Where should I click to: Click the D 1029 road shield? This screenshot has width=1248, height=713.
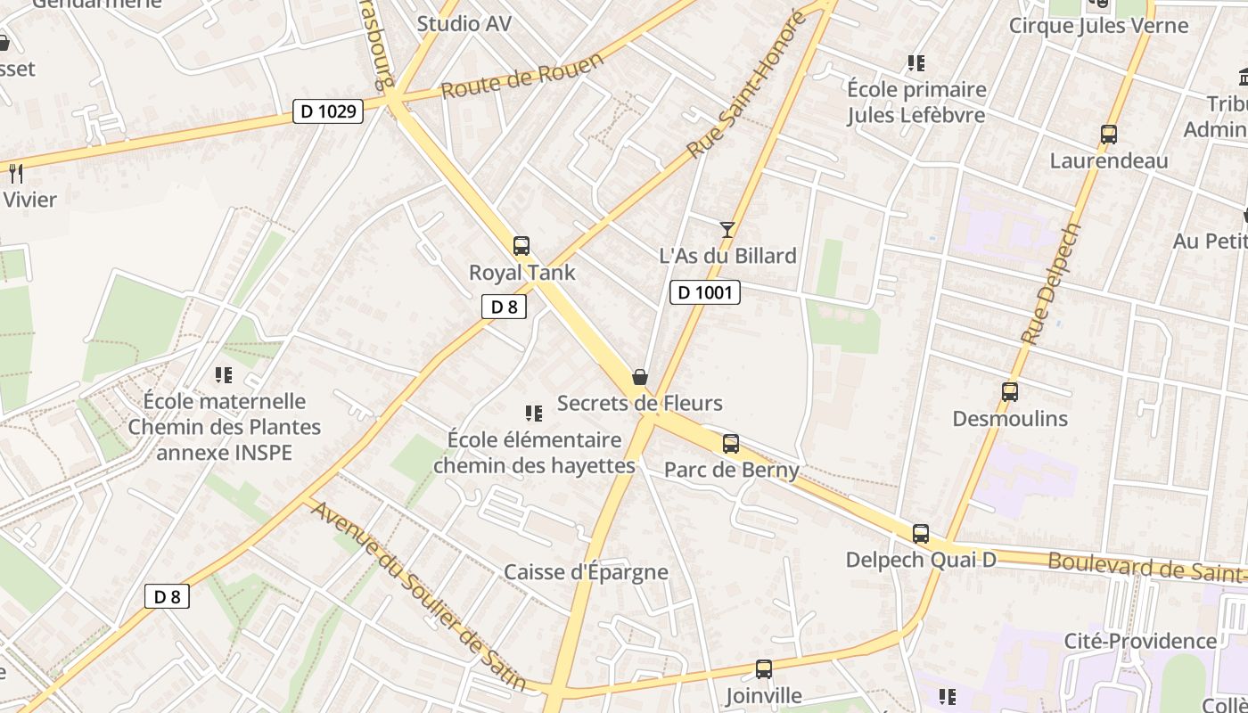click(328, 111)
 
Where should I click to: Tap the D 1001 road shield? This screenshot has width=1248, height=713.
click(705, 291)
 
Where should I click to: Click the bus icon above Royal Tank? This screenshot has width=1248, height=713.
click(521, 246)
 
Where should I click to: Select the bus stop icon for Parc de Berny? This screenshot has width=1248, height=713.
click(731, 443)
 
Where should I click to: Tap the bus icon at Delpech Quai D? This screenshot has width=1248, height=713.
click(921, 534)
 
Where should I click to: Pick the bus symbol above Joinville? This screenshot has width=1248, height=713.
click(764, 668)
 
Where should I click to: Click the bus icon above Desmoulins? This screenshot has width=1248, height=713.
click(1010, 392)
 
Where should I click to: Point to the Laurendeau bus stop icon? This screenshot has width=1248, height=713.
click(1109, 135)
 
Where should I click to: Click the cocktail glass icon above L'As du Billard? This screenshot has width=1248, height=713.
click(727, 230)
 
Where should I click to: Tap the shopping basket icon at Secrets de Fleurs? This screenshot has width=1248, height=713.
click(639, 377)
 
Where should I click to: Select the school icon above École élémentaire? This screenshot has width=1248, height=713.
click(534, 413)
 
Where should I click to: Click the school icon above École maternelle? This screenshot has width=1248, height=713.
click(224, 375)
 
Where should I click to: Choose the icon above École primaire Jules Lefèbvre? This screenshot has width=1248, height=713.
click(916, 63)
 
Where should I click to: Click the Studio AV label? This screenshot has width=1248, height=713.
click(464, 24)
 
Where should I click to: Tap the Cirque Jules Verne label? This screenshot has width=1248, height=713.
click(1098, 25)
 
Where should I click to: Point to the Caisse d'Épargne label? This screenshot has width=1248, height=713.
click(586, 572)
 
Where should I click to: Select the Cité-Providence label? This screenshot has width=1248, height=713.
click(1140, 641)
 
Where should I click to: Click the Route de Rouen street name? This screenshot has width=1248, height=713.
click(522, 76)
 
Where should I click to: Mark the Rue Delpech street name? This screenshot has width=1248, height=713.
click(1051, 284)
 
